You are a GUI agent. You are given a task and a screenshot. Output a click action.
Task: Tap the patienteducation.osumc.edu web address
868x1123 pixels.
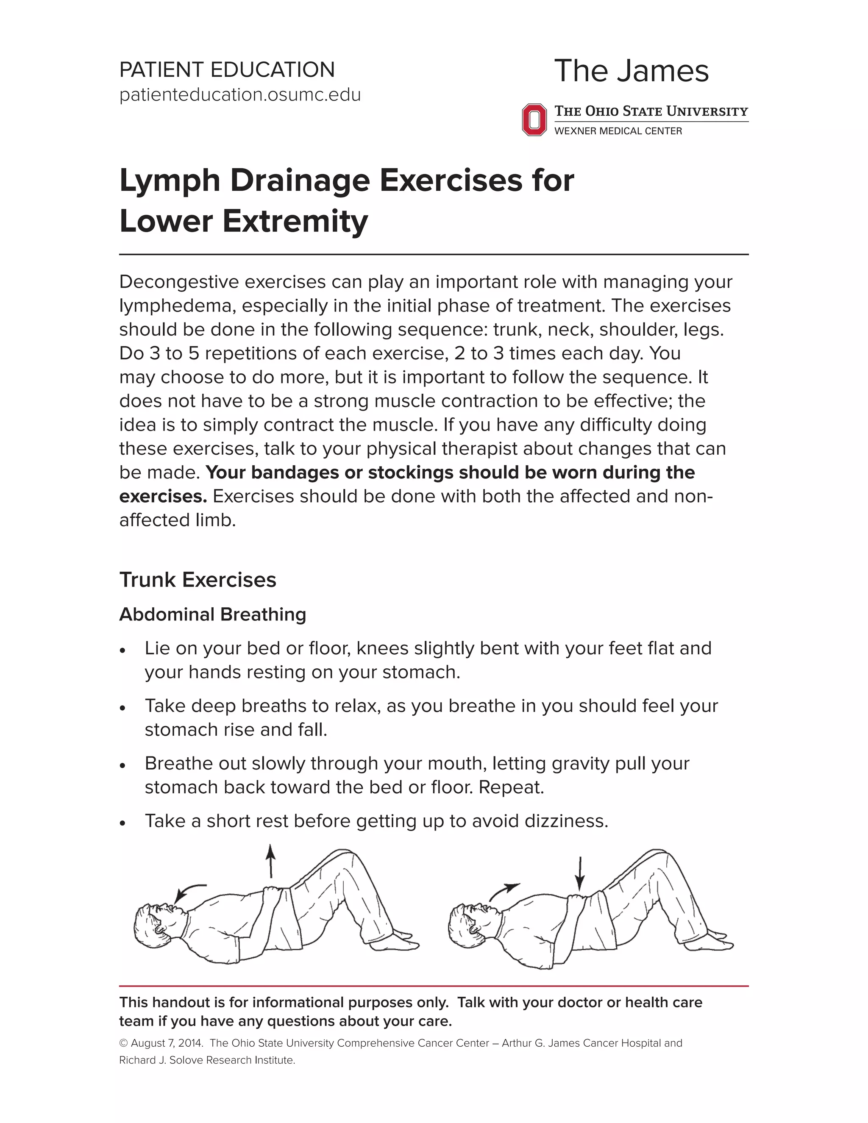pos(239,95)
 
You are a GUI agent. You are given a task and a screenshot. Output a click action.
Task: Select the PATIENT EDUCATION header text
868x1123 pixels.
pos(227,69)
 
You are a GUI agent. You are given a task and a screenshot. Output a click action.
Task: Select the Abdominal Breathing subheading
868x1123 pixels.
pos(212,614)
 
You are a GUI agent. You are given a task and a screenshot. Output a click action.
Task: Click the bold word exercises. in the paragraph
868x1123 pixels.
pos(163,496)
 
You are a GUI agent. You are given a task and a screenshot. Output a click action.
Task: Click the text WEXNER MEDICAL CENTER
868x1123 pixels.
pos(618,131)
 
